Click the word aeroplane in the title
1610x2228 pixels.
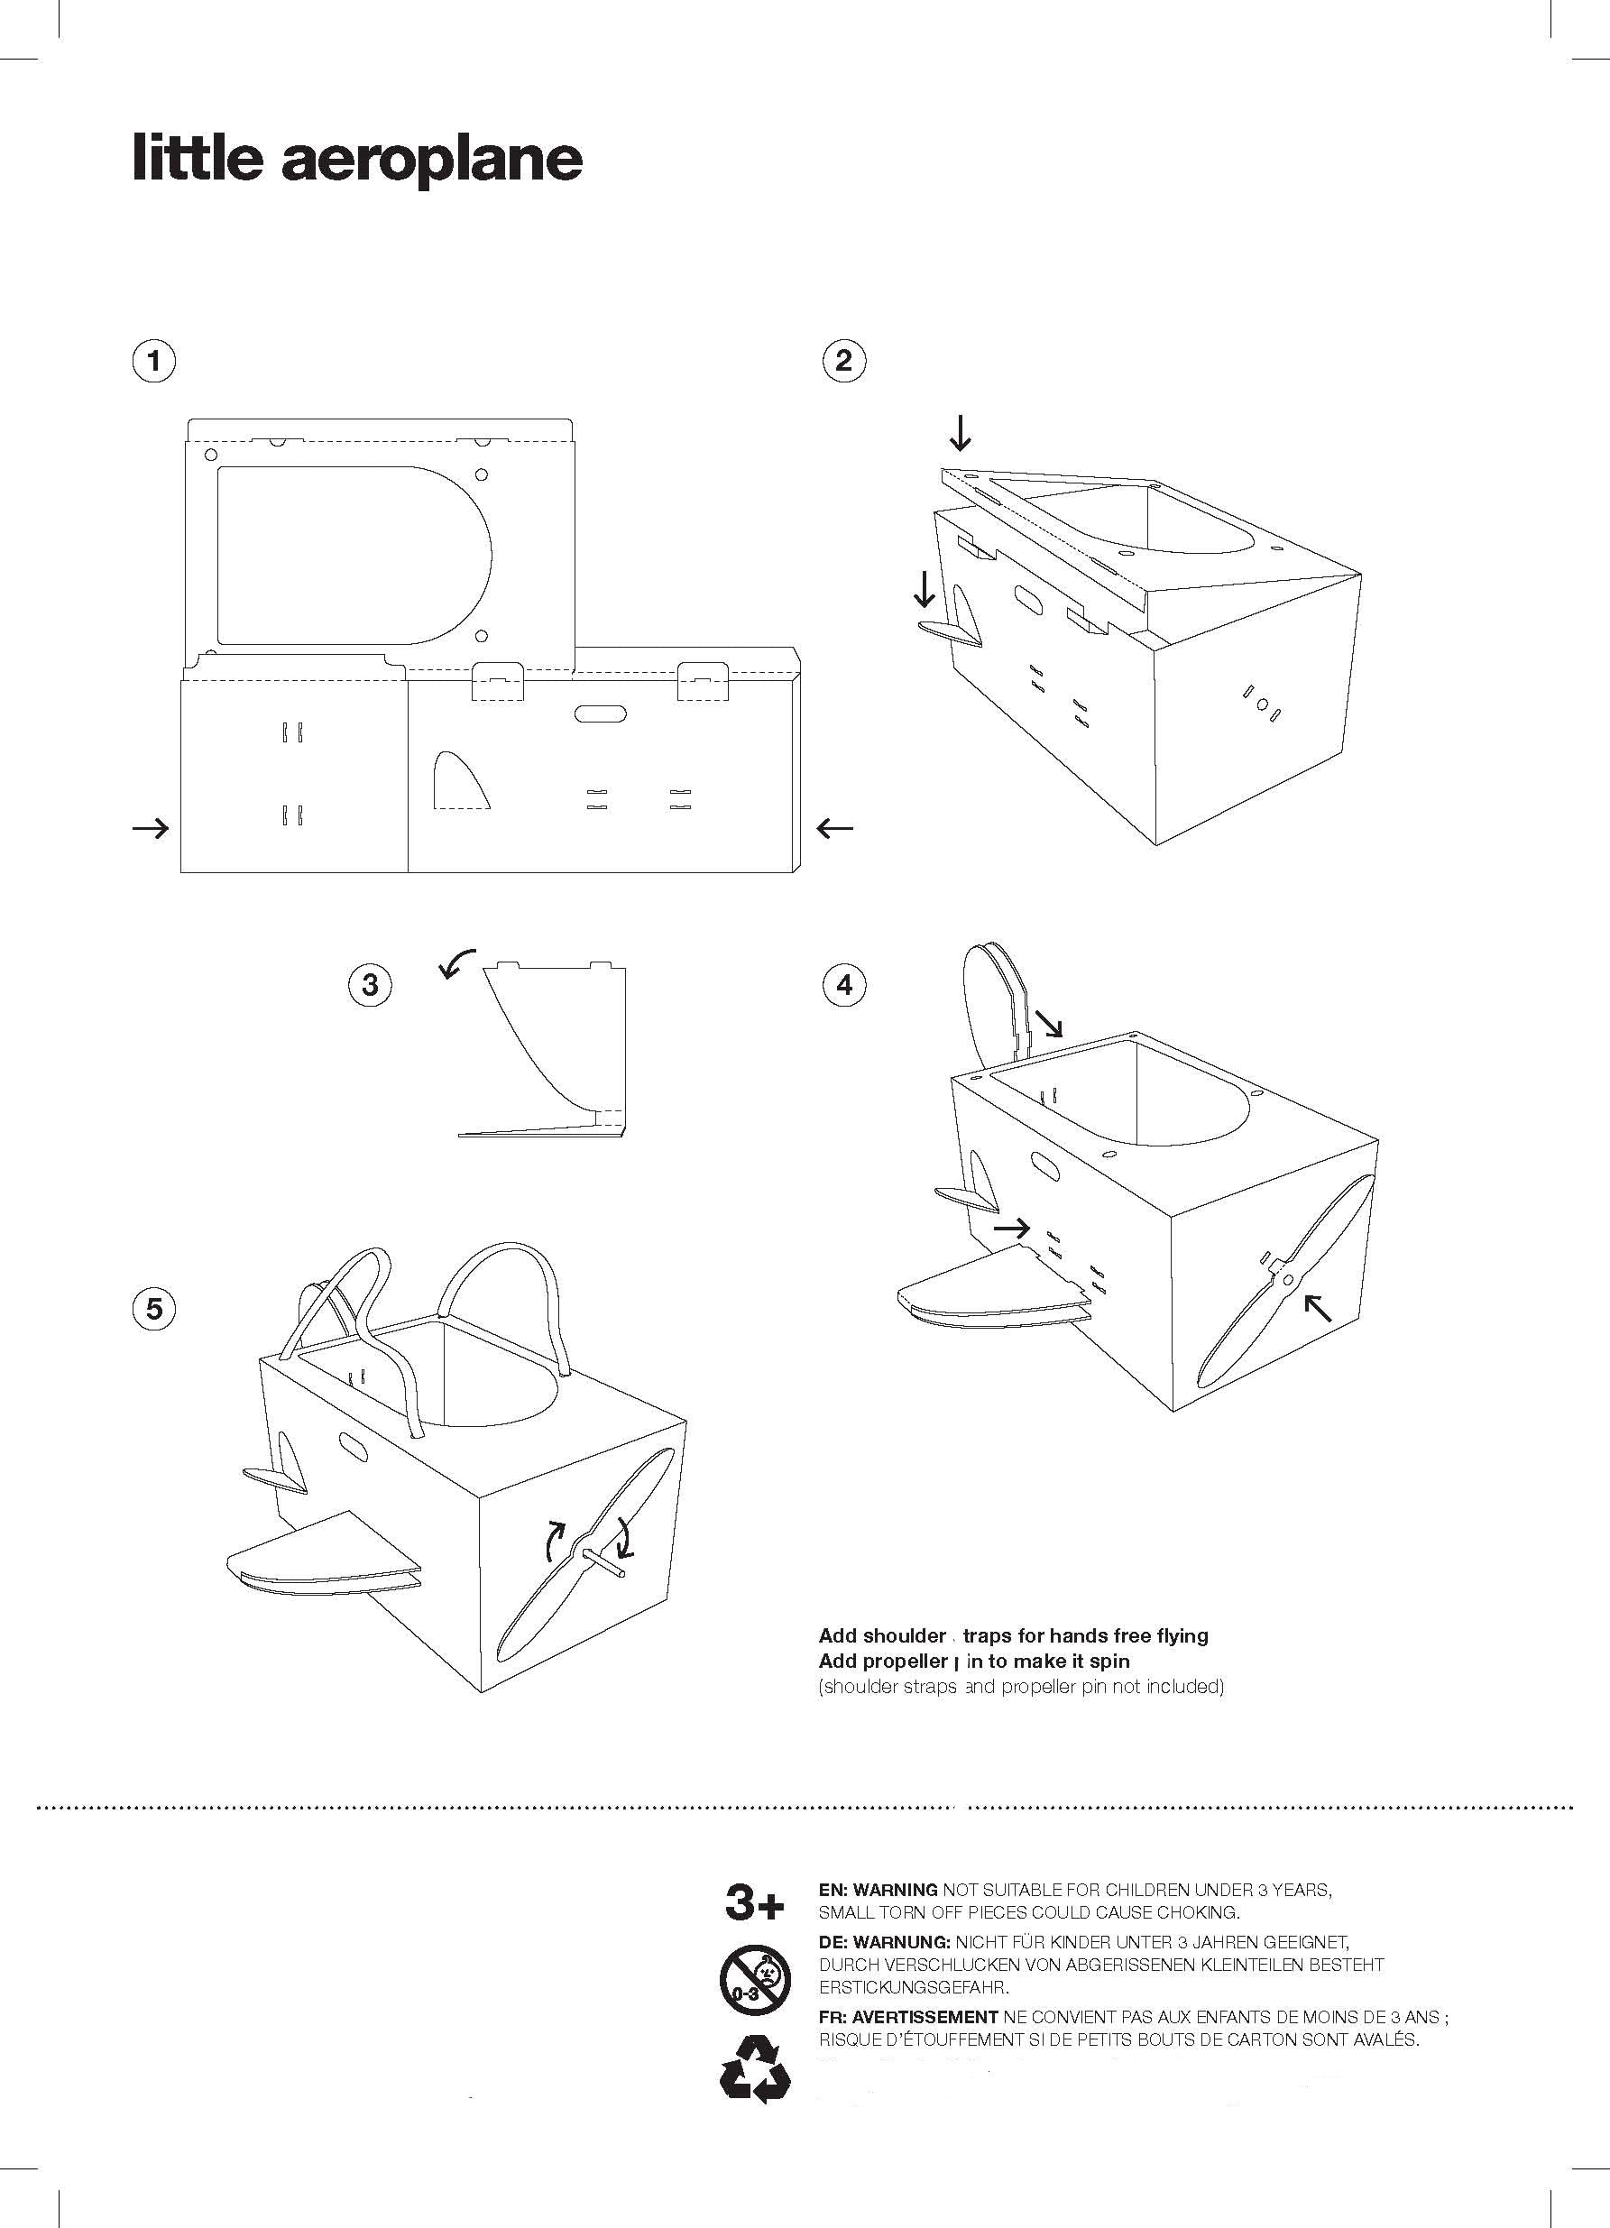coord(432,161)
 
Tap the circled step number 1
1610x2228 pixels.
coord(153,361)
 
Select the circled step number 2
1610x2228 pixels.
coord(842,361)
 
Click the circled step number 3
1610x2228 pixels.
coord(371,984)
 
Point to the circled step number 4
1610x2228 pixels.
coord(845,984)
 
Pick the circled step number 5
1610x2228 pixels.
coord(153,1309)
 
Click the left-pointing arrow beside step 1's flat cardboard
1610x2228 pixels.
coord(834,828)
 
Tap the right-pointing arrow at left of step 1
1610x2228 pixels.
coord(151,829)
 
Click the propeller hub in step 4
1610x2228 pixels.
coord(1286,1279)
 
